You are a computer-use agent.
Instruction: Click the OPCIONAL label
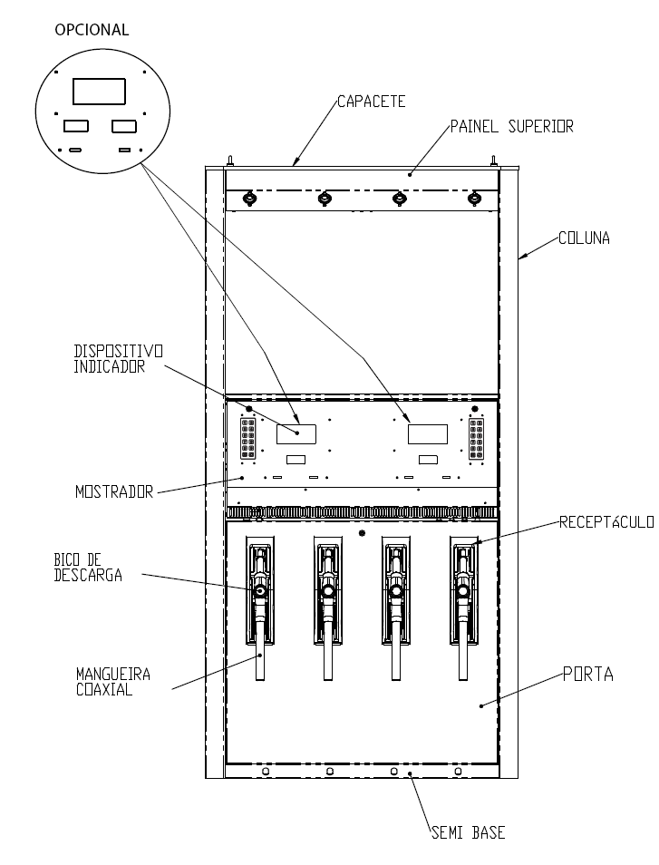92,30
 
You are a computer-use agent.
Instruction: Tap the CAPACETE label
371,102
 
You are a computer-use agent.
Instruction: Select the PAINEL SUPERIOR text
512,126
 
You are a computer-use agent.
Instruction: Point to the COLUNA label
584,238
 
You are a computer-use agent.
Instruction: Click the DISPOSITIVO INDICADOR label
119,359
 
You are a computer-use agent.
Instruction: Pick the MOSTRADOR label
114,492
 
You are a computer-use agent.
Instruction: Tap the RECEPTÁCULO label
606,522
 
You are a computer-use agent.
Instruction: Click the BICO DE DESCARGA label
88,568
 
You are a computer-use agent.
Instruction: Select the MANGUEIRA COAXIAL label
113,682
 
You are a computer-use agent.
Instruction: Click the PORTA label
588,674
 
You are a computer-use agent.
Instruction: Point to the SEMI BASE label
469,832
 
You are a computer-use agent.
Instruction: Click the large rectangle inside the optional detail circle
100,91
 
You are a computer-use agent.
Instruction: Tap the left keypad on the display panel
248,439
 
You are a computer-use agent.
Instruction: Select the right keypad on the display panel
477,439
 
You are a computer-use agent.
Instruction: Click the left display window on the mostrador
296,434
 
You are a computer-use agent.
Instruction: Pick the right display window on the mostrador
427,434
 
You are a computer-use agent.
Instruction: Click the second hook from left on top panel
325,198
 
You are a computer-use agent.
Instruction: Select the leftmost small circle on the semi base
266,771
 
